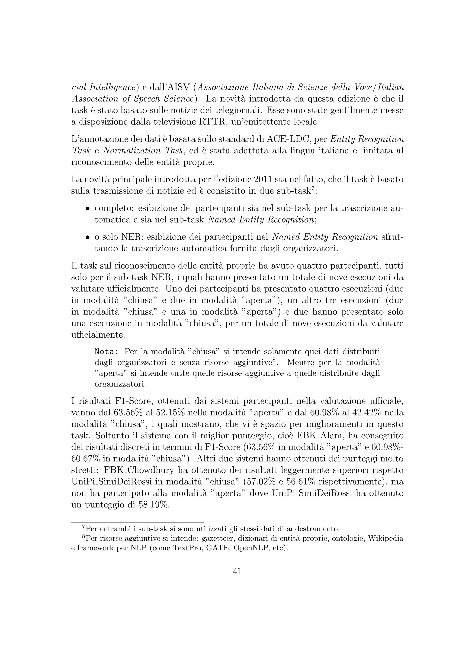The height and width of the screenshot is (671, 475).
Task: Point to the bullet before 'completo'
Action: pyautogui.click(x=87, y=209)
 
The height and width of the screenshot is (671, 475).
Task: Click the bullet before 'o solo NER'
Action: pyautogui.click(x=87, y=237)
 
